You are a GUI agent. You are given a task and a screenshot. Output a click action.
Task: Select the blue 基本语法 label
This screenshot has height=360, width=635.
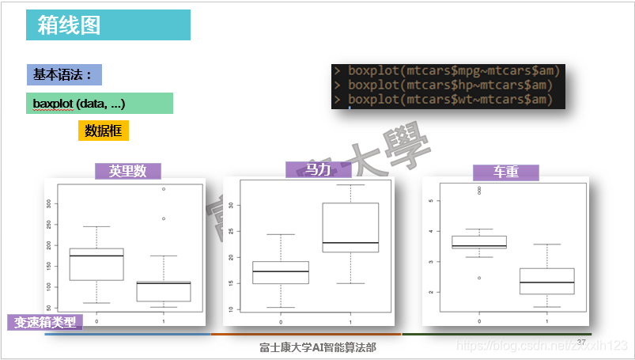pyautogui.click(x=62, y=75)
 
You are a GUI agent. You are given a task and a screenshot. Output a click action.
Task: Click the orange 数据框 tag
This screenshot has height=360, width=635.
pyautogui.click(x=103, y=131)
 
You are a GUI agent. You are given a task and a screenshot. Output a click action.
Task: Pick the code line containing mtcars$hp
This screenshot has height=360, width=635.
pyautogui.click(x=446, y=85)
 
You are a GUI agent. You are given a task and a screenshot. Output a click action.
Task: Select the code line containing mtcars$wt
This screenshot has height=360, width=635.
pyautogui.click(x=446, y=100)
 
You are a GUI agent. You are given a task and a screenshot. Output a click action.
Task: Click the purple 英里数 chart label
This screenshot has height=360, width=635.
pyautogui.click(x=127, y=172)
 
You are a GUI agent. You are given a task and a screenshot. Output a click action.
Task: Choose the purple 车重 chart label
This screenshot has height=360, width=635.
pyautogui.click(x=505, y=172)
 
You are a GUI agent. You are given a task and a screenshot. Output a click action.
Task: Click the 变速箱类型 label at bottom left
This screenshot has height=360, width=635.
pyautogui.click(x=46, y=322)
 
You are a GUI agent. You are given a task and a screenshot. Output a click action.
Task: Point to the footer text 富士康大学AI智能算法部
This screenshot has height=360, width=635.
pyautogui.click(x=318, y=347)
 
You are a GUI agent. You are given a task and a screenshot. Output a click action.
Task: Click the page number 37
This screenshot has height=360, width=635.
pyautogui.click(x=581, y=342)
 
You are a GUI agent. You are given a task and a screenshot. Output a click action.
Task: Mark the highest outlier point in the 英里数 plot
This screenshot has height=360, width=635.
pyautogui.click(x=164, y=189)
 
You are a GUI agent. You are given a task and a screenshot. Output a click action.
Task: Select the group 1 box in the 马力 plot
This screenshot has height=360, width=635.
pyautogui.click(x=350, y=228)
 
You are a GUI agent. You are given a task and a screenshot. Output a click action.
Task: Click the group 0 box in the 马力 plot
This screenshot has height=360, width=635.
pyautogui.click(x=280, y=272)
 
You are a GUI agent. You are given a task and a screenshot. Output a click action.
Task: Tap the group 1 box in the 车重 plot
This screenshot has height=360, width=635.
pyautogui.click(x=546, y=281)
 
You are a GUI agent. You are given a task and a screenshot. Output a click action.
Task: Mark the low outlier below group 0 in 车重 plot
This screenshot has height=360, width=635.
pyautogui.click(x=478, y=278)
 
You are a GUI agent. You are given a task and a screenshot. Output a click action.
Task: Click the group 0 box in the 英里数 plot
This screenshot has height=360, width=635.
pyautogui.click(x=96, y=264)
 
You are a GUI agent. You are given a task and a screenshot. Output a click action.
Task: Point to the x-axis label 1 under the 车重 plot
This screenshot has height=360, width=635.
pyautogui.click(x=546, y=322)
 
